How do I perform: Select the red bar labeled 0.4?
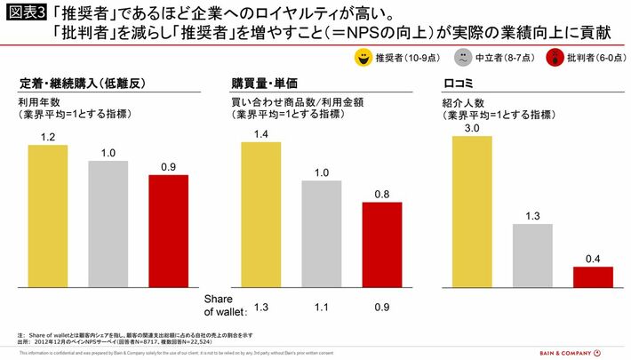click(593, 276)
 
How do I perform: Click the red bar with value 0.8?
click(382, 244)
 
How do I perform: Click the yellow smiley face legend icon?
click(362, 58)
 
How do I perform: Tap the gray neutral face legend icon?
click(463, 58)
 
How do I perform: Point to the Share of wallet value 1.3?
click(262, 308)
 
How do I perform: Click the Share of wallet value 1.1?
click(322, 308)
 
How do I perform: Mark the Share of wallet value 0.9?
click(382, 308)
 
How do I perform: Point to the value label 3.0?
click(472, 129)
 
